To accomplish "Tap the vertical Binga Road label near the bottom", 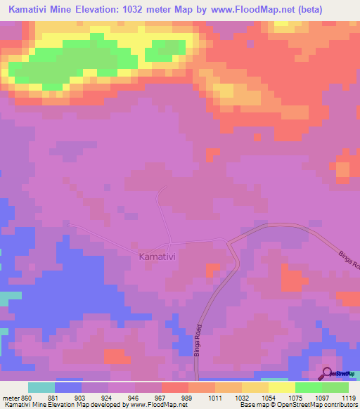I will coord(198,342).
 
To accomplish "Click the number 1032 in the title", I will coord(146,9).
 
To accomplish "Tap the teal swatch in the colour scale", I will coord(41,387).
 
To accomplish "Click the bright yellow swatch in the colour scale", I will coord(282,387).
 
